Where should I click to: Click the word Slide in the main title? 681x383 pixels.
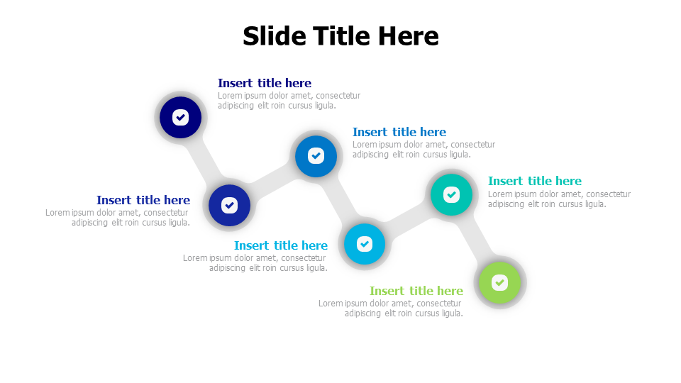point(275,35)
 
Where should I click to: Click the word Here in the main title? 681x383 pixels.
point(409,35)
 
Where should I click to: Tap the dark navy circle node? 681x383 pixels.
point(180,117)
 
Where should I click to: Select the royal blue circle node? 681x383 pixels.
point(229,205)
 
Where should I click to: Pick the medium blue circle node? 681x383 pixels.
point(316,156)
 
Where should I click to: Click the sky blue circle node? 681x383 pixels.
point(365,243)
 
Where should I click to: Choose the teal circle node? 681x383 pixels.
point(451,194)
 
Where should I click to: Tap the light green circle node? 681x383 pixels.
point(499,283)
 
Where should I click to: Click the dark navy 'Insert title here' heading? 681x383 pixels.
point(265,83)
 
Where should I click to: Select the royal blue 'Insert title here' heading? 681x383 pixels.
point(143,200)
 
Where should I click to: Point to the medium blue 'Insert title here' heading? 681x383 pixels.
point(399,132)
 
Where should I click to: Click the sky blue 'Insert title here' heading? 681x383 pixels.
point(281,245)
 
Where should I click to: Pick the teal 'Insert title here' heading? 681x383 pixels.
point(535,181)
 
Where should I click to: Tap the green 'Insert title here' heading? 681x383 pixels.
point(416,291)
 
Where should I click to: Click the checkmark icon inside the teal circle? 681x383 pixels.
point(451,194)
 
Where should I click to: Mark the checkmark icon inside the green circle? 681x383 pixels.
point(499,283)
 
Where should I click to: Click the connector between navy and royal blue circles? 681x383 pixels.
point(204,161)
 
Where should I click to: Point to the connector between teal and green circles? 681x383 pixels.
point(475,239)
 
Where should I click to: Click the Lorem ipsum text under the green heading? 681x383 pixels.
point(391,309)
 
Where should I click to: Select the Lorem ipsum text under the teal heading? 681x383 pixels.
point(560,199)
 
